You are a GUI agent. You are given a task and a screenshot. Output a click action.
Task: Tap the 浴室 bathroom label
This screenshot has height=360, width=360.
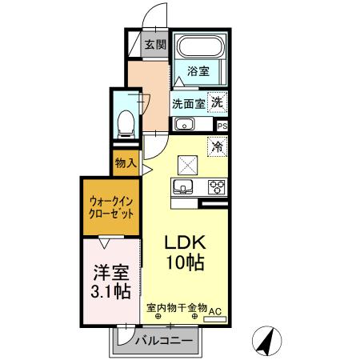tap(198, 71)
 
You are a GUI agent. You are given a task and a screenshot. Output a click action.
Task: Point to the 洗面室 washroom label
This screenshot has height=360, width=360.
tap(188, 103)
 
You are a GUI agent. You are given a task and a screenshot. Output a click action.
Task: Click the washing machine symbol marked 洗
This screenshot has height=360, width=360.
tap(217, 102)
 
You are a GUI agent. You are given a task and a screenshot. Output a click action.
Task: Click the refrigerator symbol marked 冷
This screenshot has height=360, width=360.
tap(217, 146)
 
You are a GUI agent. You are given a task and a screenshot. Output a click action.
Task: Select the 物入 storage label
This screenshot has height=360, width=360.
tap(126, 162)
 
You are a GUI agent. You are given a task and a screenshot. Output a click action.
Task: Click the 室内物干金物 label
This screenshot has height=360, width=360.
tap(178, 307)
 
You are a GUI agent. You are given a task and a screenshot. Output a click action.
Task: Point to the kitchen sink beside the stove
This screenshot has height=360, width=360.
tap(182, 187)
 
